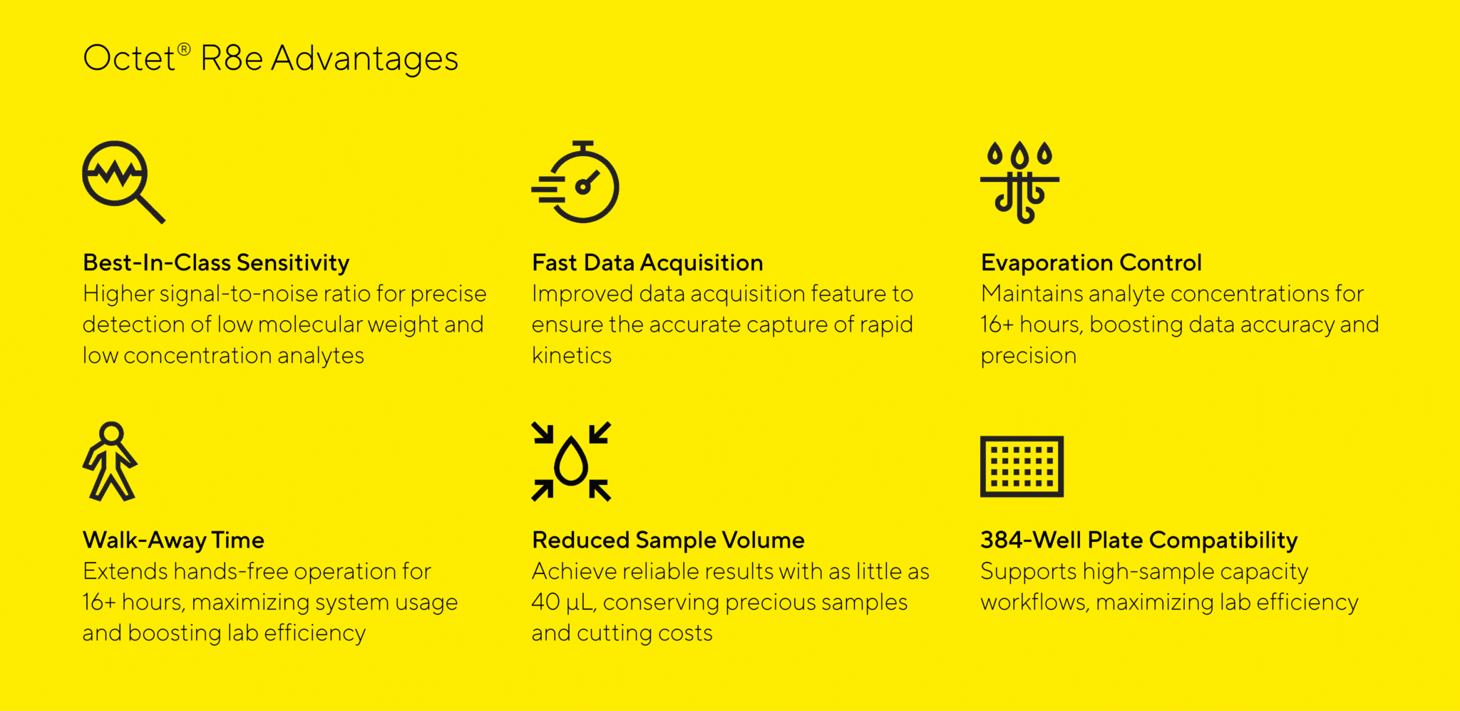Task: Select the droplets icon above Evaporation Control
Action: tap(1020, 182)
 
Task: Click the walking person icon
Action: tap(110, 461)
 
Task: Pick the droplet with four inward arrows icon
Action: tap(571, 461)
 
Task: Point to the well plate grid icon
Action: tap(1022, 466)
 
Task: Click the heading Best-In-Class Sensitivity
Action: tap(216, 263)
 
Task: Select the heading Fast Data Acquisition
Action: tap(647, 263)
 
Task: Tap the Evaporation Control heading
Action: tap(1091, 263)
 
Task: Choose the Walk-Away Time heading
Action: tap(173, 541)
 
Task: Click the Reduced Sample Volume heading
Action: tap(668, 541)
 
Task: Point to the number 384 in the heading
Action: tap(1002, 540)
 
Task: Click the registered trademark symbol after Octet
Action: tap(184, 49)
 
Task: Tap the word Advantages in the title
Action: tap(364, 59)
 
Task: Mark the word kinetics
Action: tap(572, 355)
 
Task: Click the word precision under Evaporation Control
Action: tap(1029, 357)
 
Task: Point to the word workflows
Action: tap(1034, 603)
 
